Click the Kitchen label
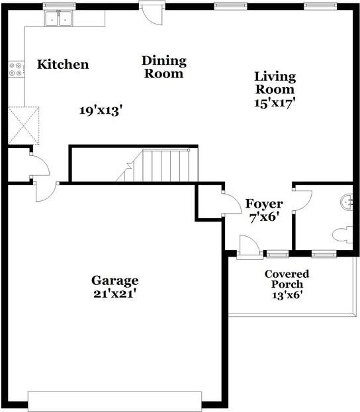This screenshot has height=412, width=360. click(63, 64)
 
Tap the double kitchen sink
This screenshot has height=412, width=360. click(59, 19)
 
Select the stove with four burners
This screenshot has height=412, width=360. click(15, 69)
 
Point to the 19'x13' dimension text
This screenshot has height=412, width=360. click(101, 110)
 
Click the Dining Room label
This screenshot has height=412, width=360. click(164, 67)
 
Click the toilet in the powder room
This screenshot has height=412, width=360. click(342, 234)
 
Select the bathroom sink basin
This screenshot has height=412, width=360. click(347, 202)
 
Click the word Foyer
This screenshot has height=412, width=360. click(264, 204)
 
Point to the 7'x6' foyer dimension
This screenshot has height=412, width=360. click(264, 218)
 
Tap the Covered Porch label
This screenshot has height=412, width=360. click(287, 279)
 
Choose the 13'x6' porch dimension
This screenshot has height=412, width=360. click(287, 296)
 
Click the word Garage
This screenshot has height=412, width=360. click(115, 281)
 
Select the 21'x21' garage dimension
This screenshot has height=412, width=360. click(115, 294)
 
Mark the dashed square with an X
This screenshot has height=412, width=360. click(24, 126)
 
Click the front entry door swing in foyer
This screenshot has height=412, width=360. click(249, 245)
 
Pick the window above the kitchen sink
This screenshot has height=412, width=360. click(59, 6)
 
